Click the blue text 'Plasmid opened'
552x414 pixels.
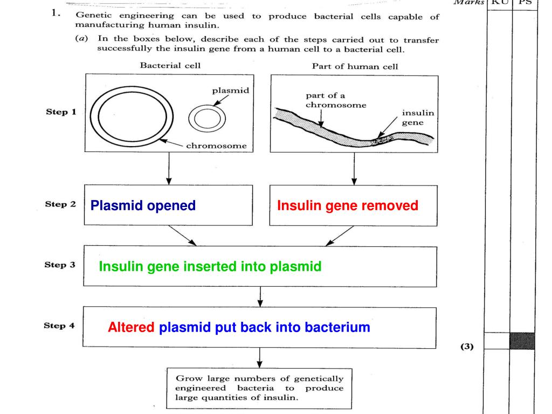pyautogui.click(x=143, y=205)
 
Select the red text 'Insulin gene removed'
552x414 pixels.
pyautogui.click(x=347, y=205)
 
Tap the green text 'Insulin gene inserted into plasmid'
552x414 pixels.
pyautogui.click(x=210, y=266)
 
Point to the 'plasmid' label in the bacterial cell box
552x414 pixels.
pyautogui.click(x=230, y=90)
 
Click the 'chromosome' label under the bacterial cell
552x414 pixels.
pyautogui.click(x=216, y=146)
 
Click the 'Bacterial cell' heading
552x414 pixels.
pyautogui.click(x=170, y=66)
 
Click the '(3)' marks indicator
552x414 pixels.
pyautogui.click(x=467, y=347)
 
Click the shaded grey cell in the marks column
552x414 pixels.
pyautogui.click(x=522, y=341)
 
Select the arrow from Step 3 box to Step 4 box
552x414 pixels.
pyautogui.click(x=260, y=296)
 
